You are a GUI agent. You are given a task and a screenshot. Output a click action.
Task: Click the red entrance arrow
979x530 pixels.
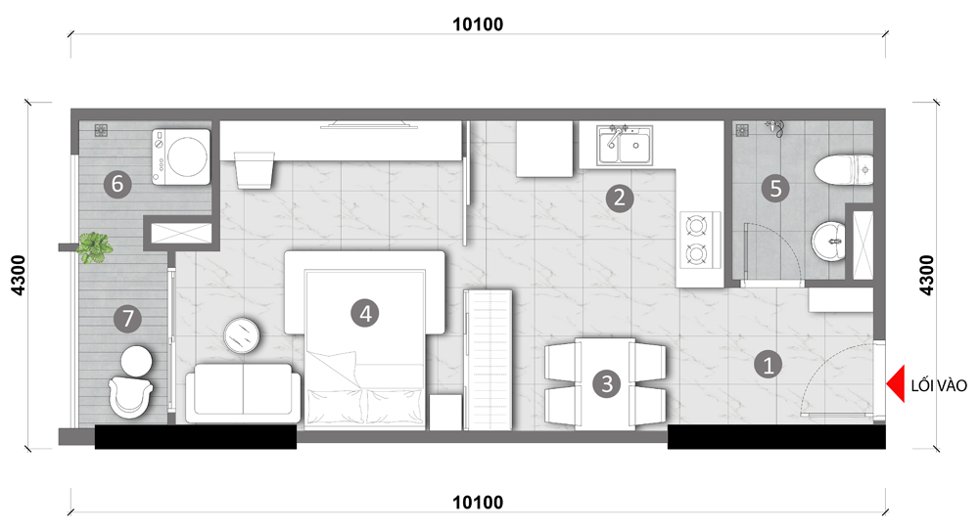[x=896, y=384]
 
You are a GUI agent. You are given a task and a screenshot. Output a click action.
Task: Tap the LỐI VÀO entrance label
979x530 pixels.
[x=939, y=386]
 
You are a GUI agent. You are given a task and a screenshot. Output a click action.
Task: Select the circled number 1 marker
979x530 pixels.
[x=768, y=364]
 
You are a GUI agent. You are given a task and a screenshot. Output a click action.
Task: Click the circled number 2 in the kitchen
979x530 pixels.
[x=620, y=198]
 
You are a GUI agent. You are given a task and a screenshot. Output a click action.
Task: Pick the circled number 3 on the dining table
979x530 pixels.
[x=607, y=383]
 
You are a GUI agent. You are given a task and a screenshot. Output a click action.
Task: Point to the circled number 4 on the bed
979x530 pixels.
[x=365, y=313]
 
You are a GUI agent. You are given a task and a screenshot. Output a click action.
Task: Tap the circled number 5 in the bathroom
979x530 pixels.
[x=775, y=188]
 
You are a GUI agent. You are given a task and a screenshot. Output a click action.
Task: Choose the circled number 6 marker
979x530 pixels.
[x=117, y=184]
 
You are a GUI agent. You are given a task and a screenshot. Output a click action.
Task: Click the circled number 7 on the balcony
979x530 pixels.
[x=127, y=319]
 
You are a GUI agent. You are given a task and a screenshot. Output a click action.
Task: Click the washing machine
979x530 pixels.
[x=181, y=156]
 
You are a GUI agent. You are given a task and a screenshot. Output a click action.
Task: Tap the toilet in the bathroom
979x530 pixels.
[x=844, y=169]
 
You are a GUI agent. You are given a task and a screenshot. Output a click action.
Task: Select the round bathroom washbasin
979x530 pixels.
[x=828, y=241]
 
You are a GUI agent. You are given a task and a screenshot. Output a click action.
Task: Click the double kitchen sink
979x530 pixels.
[x=625, y=146]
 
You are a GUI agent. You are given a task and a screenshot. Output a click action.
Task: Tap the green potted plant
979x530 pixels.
[x=95, y=247]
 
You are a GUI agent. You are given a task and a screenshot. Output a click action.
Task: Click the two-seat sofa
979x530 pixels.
[x=243, y=393]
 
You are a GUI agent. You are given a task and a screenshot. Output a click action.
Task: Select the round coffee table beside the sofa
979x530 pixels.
[x=242, y=335]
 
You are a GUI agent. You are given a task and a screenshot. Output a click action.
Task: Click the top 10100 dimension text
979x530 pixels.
[x=478, y=24]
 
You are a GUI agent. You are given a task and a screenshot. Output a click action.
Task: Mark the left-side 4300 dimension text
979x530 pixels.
[x=18, y=275]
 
